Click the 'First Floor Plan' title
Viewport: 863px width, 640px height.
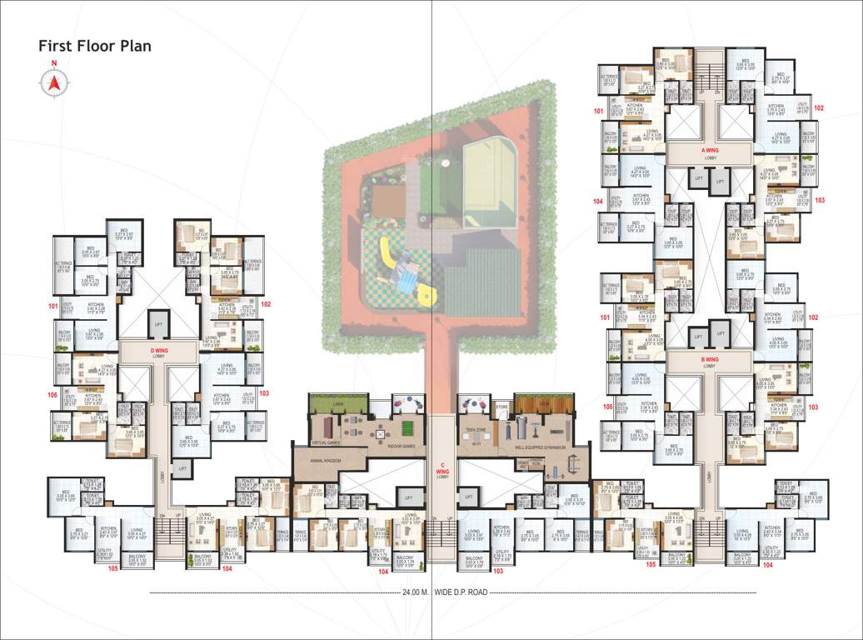point(94,46)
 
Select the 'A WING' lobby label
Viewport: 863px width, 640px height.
point(709,151)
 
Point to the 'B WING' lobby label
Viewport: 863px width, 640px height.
point(709,359)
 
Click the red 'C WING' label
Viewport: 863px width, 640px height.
point(441,470)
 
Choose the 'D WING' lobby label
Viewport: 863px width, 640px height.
point(158,351)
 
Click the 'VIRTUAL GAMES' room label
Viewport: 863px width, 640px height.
point(319,442)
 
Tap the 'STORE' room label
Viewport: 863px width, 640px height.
point(501,407)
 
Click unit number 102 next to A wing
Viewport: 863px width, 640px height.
point(819,108)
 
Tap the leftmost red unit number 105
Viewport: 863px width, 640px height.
point(112,568)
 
